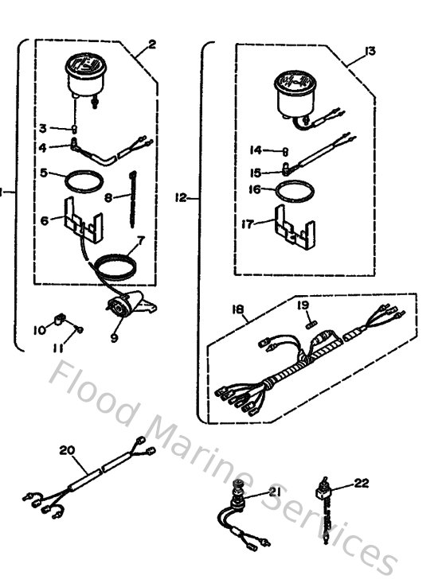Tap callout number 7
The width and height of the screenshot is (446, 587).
(140, 239)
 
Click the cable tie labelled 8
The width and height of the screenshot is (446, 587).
(129, 194)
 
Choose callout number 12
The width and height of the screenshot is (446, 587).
(182, 196)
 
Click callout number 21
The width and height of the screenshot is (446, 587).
(275, 493)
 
